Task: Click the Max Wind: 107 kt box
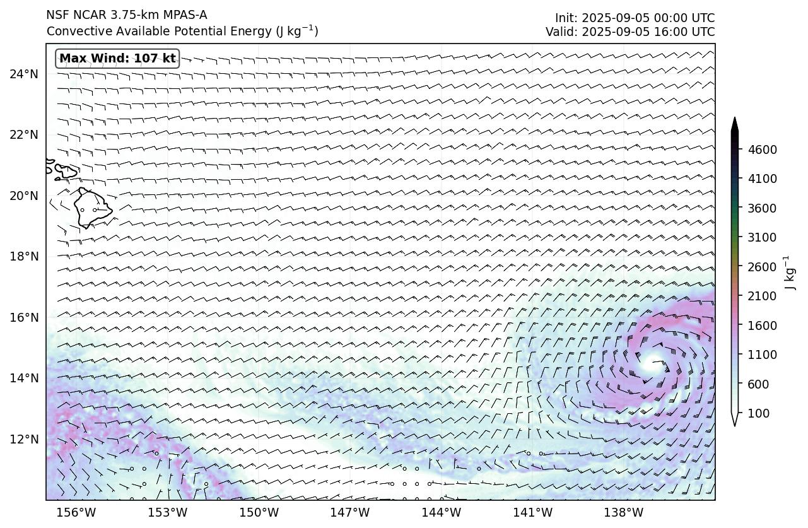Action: [117, 59]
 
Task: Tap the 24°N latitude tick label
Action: [24, 74]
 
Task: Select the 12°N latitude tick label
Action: [24, 439]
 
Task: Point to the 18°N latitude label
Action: [24, 257]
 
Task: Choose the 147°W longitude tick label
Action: [351, 512]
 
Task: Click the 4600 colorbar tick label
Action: [762, 150]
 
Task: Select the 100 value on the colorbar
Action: [758, 413]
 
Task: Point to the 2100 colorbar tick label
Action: [762, 296]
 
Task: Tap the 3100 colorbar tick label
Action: [762, 237]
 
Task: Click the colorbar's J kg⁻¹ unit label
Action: [788, 273]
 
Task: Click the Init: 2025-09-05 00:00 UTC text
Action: [635, 18]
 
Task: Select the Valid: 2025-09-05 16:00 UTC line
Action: [630, 32]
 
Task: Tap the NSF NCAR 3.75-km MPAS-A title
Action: [127, 15]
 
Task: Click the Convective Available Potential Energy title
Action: [182, 31]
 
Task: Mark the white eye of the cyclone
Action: [652, 362]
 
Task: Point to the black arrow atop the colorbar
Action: [735, 124]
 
